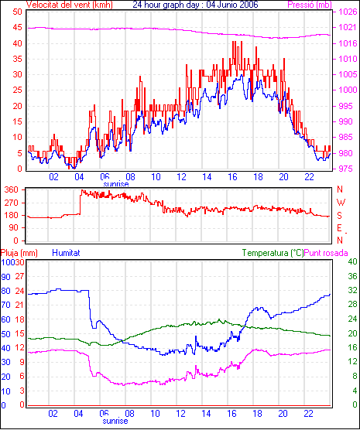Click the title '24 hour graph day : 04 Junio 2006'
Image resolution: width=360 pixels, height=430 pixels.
195,5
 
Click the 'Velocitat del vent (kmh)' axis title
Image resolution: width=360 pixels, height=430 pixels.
70,5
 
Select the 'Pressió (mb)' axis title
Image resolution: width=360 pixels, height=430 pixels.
310,5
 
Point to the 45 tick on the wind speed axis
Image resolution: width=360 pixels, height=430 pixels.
17,28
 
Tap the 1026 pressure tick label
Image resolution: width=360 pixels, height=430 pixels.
348,12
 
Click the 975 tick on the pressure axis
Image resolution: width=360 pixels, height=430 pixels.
345,169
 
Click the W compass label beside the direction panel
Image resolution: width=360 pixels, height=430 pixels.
341,203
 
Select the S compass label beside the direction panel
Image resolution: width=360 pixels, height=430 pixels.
339,216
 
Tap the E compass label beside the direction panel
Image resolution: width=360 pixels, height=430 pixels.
339,228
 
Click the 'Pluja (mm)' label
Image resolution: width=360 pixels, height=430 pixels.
19,253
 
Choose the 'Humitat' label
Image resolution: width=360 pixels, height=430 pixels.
66,253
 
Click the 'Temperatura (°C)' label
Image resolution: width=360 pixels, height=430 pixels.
273,253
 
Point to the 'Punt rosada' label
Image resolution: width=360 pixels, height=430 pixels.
326,253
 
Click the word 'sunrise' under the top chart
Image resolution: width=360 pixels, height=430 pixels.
116,184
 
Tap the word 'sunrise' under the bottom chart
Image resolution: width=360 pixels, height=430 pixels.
115,421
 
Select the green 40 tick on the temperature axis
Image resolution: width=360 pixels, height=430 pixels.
352,261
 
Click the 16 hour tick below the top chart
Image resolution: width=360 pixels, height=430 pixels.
232,177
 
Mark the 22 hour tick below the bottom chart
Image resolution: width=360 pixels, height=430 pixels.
309,413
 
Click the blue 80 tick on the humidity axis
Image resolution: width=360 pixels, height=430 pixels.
5,291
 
